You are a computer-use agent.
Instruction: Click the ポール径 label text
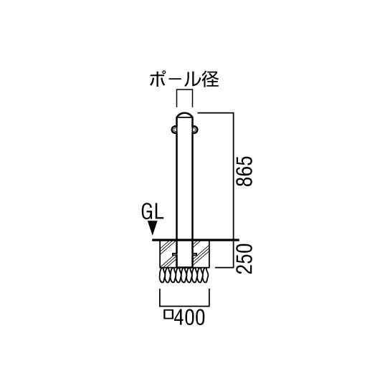tap(184, 79)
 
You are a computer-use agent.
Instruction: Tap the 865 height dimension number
tap(244, 171)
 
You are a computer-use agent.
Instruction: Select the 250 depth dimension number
tap(244, 259)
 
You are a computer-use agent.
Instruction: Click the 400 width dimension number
tap(189, 317)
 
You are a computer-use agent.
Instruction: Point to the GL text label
tap(153, 212)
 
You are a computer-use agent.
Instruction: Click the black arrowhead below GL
tap(153, 228)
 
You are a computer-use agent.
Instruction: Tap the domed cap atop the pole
tap(184, 115)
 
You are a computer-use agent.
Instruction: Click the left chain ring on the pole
tap(174, 129)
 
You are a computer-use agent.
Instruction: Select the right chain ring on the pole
tap(195, 129)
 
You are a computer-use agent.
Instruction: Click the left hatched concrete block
tap(168, 254)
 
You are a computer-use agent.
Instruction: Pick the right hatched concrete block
tap(201, 254)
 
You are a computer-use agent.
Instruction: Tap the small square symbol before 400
tap(168, 314)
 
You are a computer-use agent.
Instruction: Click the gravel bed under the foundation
tap(184, 275)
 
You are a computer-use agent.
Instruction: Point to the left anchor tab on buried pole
tap(174, 254)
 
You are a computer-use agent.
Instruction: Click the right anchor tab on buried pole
tap(195, 254)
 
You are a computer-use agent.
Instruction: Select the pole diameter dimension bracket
tap(184, 90)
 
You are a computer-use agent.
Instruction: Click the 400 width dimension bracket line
tap(184, 306)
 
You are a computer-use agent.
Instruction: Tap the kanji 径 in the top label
tap(211, 79)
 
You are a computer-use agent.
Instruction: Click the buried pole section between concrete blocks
tap(184, 254)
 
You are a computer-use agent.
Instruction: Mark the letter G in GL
tap(147, 212)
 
